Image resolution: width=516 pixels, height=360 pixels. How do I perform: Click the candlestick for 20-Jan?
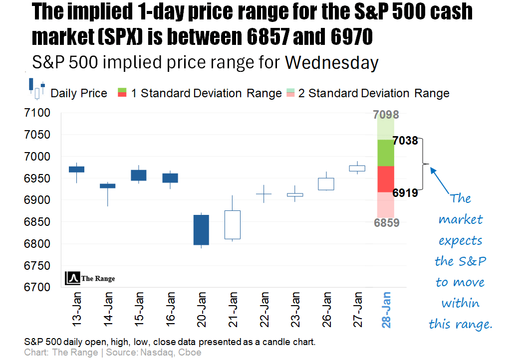coord(201,230)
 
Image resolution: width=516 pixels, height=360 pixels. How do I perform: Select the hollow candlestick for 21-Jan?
coord(233,224)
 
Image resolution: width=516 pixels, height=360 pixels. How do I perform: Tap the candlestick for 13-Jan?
coord(76,169)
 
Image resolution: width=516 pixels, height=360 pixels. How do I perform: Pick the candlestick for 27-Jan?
coord(358,168)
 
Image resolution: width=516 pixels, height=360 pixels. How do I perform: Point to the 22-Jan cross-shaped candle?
coord(263,194)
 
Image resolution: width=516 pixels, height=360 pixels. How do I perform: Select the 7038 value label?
coord(405,141)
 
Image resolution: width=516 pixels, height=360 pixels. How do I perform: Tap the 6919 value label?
coord(405,192)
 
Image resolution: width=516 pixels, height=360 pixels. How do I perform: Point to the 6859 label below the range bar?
coord(387,223)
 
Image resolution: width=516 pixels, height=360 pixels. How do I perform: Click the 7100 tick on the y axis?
coord(37,113)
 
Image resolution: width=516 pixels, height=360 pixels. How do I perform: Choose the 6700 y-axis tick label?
coord(37,287)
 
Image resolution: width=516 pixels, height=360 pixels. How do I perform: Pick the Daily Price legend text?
coord(79,93)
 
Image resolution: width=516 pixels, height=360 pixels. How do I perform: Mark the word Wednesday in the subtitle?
coord(331,63)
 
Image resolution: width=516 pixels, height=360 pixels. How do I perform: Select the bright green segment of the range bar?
coord(386,153)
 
